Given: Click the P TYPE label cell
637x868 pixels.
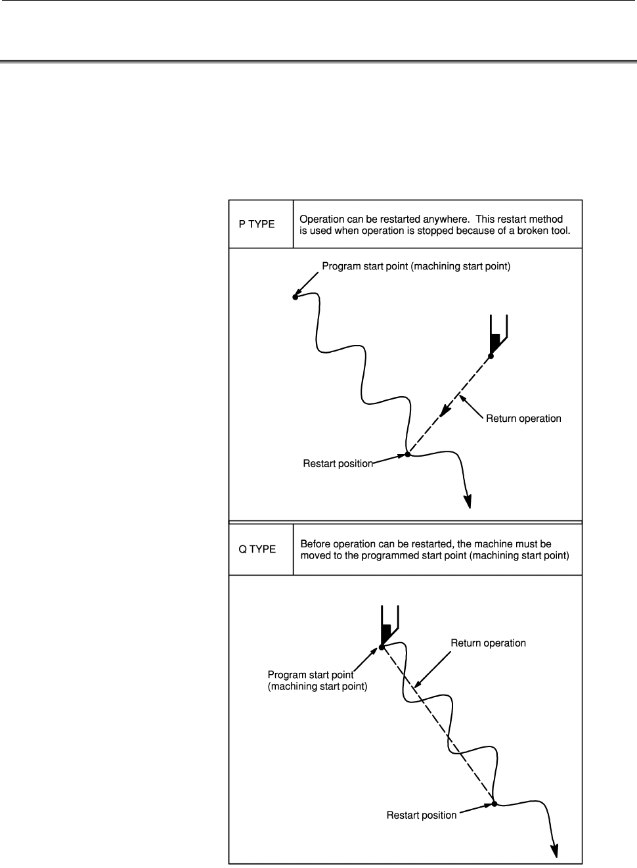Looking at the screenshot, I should [x=257, y=224].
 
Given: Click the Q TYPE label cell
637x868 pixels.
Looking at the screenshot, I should [x=257, y=549].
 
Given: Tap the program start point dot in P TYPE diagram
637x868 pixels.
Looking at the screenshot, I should [x=296, y=298].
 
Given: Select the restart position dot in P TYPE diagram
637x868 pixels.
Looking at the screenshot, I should [x=407, y=454].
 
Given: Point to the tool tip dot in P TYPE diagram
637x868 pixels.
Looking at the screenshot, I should [x=491, y=356].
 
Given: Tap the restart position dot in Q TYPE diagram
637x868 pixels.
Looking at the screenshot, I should [x=494, y=802].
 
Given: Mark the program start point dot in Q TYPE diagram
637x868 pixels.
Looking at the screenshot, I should [x=382, y=647].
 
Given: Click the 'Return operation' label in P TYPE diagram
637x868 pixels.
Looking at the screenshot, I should [x=523, y=419].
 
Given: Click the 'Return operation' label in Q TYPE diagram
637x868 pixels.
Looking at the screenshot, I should [x=488, y=643].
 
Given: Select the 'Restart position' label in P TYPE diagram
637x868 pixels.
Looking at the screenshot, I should [x=338, y=463].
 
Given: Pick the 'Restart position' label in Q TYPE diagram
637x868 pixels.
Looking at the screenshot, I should [x=421, y=815].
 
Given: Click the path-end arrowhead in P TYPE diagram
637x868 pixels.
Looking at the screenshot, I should [x=468, y=501].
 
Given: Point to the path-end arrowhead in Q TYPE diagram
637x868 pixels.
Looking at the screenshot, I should [x=556, y=850].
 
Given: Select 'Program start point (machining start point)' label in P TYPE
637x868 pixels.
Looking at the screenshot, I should [x=416, y=267].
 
